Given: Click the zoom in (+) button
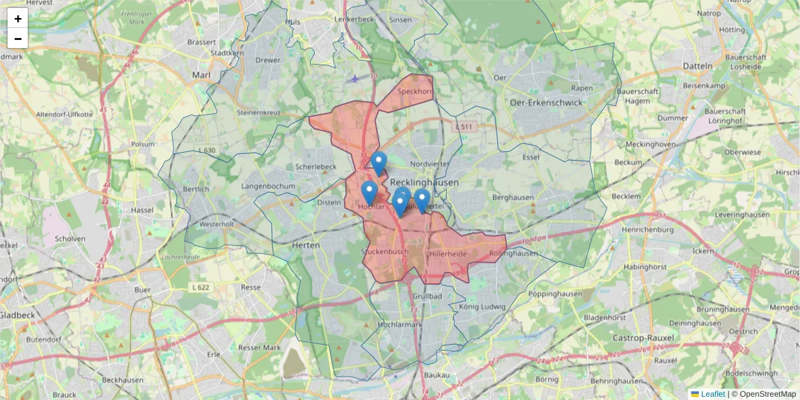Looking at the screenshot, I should [18, 19].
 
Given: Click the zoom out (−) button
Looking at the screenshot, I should [18, 39].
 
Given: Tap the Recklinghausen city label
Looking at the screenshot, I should [424, 182].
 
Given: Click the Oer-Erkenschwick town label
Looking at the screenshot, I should [545, 103].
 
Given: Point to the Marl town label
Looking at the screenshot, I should [201, 75].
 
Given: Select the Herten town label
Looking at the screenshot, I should [305, 245].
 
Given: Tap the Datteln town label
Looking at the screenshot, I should [697, 66].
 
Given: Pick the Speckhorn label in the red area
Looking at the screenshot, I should [415, 92].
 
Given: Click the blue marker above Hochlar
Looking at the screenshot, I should [369, 192].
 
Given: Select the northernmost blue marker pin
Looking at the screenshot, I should [379, 163].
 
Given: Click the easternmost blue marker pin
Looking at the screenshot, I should [421, 200].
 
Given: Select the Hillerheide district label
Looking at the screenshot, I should [449, 254].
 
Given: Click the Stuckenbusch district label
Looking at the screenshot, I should [385, 252].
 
